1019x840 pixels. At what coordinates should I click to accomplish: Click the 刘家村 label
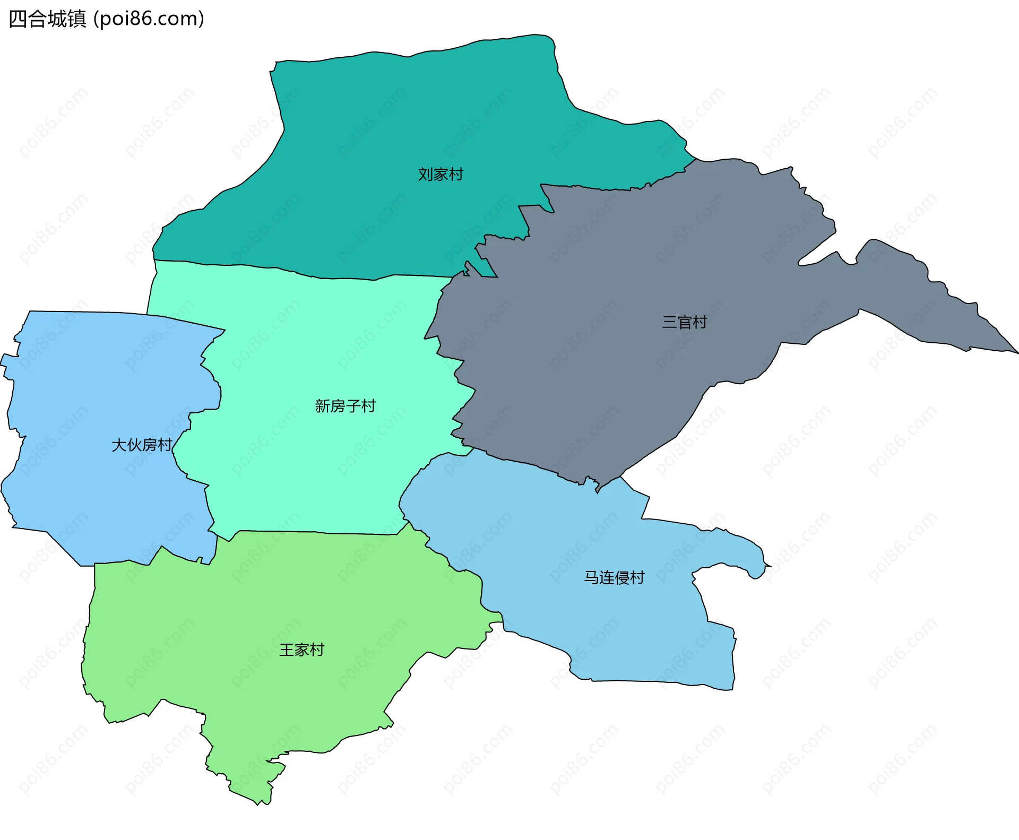[x=441, y=174]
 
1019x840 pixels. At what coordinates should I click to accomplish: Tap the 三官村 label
[x=684, y=322]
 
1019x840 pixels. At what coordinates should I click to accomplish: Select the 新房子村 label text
[x=345, y=406]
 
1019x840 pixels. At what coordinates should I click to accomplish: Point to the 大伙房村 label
[x=142, y=445]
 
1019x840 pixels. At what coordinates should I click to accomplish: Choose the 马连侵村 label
[x=614, y=577]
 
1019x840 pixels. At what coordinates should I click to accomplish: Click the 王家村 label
[x=301, y=650]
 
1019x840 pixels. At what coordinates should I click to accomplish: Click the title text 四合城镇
[x=48, y=19]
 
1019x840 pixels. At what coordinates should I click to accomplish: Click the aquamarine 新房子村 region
[x=318, y=467]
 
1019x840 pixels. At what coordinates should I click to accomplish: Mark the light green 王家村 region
[x=265, y=610]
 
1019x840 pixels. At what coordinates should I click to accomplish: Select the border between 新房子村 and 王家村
[x=318, y=532]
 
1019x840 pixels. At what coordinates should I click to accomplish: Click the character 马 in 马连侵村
[x=591, y=577]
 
